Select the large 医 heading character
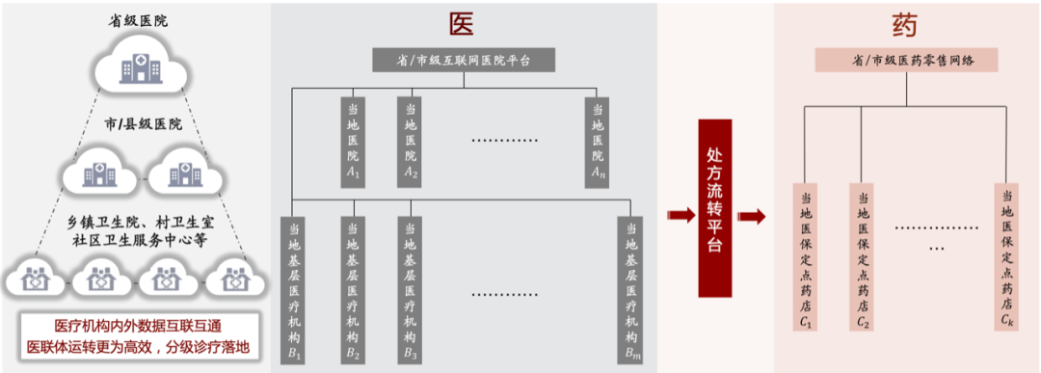tap(461, 25)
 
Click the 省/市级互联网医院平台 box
tap(464, 61)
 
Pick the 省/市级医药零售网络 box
tap(907, 61)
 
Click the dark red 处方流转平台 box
tap(714, 208)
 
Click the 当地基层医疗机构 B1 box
tap(293, 291)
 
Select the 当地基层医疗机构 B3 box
tap(411, 291)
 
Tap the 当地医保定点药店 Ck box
tap(1006, 257)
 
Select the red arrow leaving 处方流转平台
tap(751, 216)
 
